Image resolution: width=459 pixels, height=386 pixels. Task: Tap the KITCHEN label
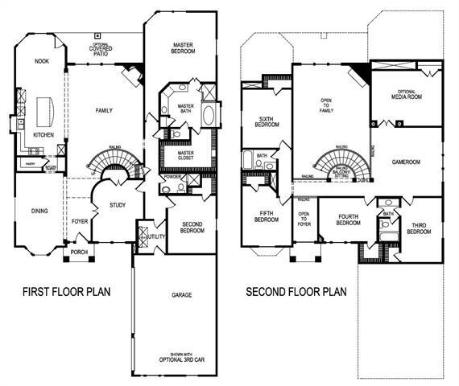[44, 135]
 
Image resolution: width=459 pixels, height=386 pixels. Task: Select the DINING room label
[39, 211]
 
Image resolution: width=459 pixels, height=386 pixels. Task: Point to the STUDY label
[118, 206]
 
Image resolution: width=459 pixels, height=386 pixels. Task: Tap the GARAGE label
[181, 295]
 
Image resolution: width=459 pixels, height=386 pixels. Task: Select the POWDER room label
[172, 178]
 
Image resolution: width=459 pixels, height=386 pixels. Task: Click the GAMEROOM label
[407, 161]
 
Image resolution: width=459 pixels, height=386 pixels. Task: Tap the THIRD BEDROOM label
[419, 228]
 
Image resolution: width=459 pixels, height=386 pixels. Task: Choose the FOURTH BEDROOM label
[347, 220]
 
